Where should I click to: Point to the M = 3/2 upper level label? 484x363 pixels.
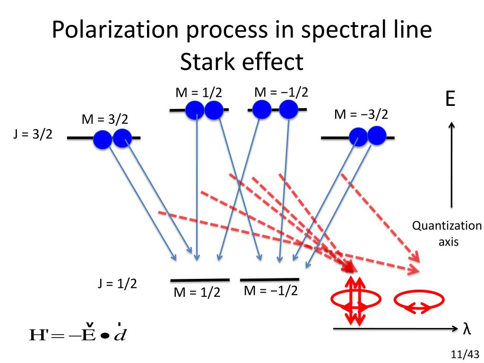click(x=105, y=120)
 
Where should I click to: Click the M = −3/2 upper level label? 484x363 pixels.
click(x=361, y=114)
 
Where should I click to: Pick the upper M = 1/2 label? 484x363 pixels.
click(x=199, y=93)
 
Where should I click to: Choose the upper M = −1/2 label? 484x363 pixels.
click(x=281, y=92)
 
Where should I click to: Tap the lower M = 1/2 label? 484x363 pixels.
click(x=197, y=293)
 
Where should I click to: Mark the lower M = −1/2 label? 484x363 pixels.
click(x=271, y=291)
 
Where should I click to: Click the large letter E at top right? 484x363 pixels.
click(x=450, y=100)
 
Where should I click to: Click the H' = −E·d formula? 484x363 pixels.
click(x=78, y=334)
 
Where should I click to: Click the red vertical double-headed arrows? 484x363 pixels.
click(x=355, y=300)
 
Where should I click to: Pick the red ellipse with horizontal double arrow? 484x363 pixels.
click(x=419, y=302)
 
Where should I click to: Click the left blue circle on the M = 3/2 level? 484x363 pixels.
click(x=103, y=140)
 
